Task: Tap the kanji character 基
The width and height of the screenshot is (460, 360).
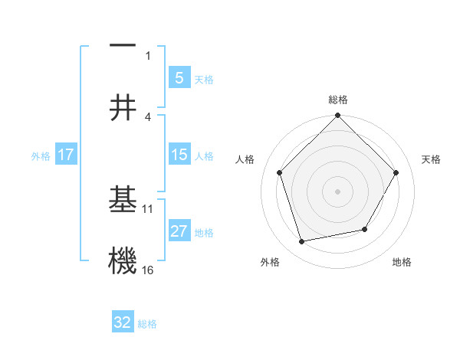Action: coord(123,198)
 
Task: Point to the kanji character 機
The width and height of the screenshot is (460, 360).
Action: coord(123,260)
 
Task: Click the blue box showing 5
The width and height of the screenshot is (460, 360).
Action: coord(179,78)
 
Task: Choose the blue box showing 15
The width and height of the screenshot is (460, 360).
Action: coord(179,155)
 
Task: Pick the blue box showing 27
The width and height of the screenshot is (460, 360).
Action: coord(179,231)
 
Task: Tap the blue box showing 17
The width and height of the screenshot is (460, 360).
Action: coord(66,155)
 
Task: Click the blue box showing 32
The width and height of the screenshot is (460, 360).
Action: coord(123,322)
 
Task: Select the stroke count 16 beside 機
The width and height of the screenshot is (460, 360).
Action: coord(148,270)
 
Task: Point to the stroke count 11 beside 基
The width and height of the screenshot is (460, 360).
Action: coord(148,208)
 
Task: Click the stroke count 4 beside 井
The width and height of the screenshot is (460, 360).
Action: coord(148,116)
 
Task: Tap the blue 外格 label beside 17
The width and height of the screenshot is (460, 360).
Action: coord(41,155)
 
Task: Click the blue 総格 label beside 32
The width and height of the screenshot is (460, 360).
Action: coord(147,323)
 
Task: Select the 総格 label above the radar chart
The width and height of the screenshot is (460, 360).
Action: coord(337,100)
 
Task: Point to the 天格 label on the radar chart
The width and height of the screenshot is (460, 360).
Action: coord(432,159)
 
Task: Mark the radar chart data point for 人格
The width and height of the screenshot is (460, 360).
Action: coord(279,172)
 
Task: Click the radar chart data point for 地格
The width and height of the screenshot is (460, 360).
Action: coord(365,229)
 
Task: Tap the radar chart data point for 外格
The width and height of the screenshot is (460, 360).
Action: coord(302,241)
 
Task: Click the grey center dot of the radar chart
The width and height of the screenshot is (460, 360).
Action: coord(337,191)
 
